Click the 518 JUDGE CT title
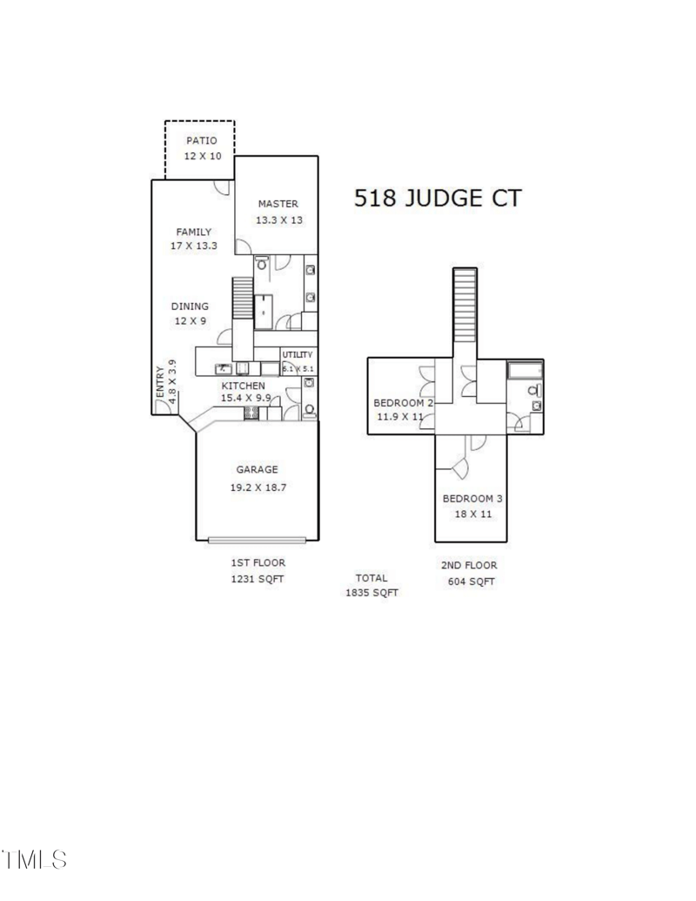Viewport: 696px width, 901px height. (x=437, y=198)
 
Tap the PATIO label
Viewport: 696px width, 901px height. (x=201, y=140)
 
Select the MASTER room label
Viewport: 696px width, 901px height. (x=278, y=204)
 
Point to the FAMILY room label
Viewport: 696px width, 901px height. (x=193, y=232)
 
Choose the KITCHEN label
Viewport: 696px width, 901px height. (x=243, y=386)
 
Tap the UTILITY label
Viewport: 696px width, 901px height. (x=297, y=354)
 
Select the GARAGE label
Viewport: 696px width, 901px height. (x=257, y=469)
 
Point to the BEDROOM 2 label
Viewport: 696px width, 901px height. (x=403, y=402)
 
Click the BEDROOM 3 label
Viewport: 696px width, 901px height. (x=472, y=499)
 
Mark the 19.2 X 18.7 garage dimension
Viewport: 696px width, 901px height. (x=258, y=487)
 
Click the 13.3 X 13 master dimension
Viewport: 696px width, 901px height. (x=278, y=220)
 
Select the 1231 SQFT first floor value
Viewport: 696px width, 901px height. (x=257, y=578)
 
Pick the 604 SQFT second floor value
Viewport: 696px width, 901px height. (x=471, y=581)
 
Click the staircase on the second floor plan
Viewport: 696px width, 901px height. (x=466, y=300)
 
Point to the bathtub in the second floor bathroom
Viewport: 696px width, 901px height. (x=525, y=371)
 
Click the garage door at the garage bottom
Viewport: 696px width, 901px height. (x=257, y=539)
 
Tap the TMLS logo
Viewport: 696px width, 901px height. (x=35, y=859)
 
